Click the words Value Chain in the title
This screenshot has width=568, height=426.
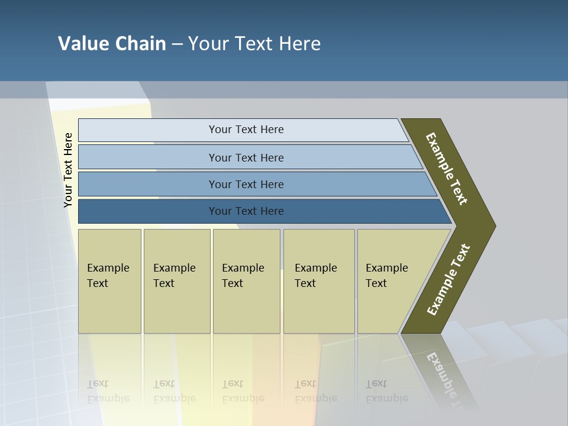pos(112,44)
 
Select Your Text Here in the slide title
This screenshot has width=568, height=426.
pos(254,44)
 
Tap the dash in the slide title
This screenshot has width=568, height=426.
pos(177,44)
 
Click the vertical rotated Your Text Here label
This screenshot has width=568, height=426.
pos(68,170)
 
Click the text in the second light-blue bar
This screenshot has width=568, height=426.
pos(246,157)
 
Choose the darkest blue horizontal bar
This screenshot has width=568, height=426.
pos(148,211)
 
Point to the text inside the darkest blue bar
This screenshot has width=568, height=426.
pos(246,211)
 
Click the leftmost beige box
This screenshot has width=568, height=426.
pos(109,308)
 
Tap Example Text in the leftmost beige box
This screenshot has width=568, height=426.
pos(108,276)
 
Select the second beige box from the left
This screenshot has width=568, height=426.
pos(177,308)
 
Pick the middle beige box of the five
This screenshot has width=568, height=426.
pos(246,308)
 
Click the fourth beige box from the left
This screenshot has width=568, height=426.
pos(319,308)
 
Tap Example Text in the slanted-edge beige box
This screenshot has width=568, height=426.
pos(386,276)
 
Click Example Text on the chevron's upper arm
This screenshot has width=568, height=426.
pos(447,169)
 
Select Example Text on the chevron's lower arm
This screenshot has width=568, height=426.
pos(448,280)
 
